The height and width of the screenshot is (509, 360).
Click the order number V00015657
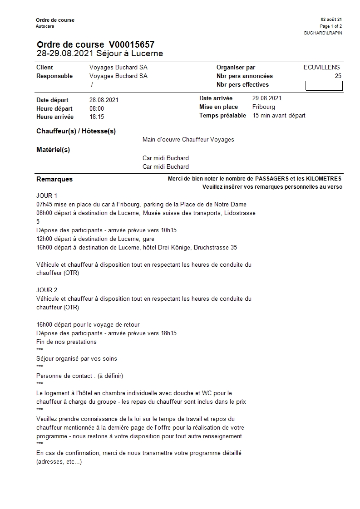click(x=132, y=44)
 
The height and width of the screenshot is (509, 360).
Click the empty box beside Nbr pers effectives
click(x=324, y=85)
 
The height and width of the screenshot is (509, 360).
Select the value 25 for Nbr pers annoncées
click(x=338, y=76)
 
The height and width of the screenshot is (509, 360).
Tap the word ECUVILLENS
click(x=321, y=67)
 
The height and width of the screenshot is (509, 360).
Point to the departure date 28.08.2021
click(x=104, y=100)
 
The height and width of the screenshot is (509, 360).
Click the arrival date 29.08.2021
click(x=267, y=98)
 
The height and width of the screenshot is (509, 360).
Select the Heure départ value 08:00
click(x=97, y=108)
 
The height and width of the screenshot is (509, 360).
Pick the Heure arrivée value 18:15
click(x=97, y=117)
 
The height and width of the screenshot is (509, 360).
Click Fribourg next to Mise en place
click(x=264, y=107)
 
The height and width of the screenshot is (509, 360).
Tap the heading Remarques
click(x=54, y=179)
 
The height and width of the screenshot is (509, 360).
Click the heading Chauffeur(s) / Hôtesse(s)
click(x=76, y=131)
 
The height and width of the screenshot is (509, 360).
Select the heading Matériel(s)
click(x=53, y=150)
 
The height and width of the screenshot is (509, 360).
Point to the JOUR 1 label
click(x=47, y=196)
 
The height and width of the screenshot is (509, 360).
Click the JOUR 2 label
click(x=47, y=290)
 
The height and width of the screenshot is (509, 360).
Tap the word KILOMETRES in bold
click(x=324, y=179)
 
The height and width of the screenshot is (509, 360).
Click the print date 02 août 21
click(x=331, y=20)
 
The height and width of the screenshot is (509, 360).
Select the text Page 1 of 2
click(x=331, y=26)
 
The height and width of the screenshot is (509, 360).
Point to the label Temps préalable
click(x=222, y=115)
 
